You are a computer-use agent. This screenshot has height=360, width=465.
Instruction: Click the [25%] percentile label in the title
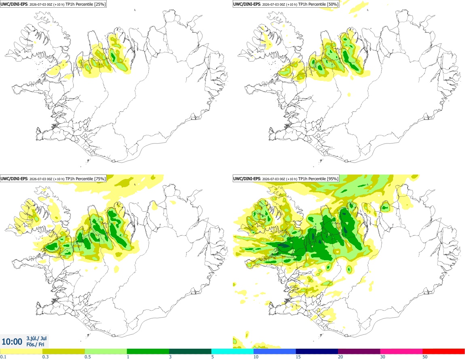pyautogui.click(x=99, y=4)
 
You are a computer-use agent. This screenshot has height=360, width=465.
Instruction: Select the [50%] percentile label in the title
pyautogui.click(x=332, y=4)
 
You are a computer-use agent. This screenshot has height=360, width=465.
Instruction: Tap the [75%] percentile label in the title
pyautogui.click(x=99, y=179)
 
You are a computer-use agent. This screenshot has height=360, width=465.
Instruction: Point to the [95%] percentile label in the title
pyautogui.click(x=332, y=179)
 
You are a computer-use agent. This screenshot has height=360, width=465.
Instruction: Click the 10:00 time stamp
pyautogui.click(x=12, y=342)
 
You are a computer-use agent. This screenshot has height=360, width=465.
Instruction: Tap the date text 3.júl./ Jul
pyautogui.click(x=36, y=338)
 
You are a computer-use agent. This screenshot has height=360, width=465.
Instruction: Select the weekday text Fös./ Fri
pyautogui.click(x=35, y=344)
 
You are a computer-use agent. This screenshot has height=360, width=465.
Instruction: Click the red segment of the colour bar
pyautogui.click(x=444, y=352)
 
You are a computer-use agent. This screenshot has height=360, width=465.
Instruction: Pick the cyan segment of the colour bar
pyautogui.click(x=232, y=352)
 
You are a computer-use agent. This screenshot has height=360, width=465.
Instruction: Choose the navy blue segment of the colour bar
pyautogui.click(x=317, y=352)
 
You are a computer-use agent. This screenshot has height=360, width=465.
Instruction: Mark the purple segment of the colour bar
pyautogui.click(x=359, y=352)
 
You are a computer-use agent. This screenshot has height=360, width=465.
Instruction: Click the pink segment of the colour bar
pyautogui.click(x=402, y=352)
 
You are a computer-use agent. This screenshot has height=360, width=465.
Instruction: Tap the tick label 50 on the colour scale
pyautogui.click(x=425, y=357)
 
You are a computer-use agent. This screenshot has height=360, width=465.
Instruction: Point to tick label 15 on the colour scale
pyautogui.click(x=298, y=357)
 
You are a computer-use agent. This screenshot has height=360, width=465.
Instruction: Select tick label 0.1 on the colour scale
pyautogui.click(x=3, y=357)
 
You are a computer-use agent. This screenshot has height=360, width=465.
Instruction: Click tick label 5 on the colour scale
pyautogui.click(x=213, y=357)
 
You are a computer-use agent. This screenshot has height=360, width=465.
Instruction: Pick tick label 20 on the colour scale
pyautogui.click(x=340, y=357)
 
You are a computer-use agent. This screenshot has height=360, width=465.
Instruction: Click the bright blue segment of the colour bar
pyautogui.click(x=275, y=352)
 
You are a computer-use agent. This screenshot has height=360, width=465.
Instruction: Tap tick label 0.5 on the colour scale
pyautogui.click(x=88, y=357)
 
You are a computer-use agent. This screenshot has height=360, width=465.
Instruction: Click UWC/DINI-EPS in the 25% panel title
pyautogui.click(x=15, y=4)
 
